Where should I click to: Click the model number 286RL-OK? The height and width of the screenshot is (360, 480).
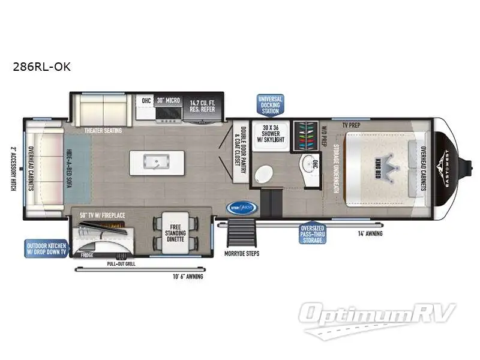tap(41, 67)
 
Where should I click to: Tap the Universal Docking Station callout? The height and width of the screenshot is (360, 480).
tap(270, 104)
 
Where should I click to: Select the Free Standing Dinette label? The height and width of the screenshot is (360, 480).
tap(175, 232)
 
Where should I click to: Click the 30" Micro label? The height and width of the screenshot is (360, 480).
tap(167, 101)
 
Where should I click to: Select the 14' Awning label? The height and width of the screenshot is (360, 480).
tap(370, 233)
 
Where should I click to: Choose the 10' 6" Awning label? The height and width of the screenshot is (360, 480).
tap(187, 277)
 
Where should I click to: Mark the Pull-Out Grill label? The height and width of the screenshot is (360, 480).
tap(120, 263)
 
